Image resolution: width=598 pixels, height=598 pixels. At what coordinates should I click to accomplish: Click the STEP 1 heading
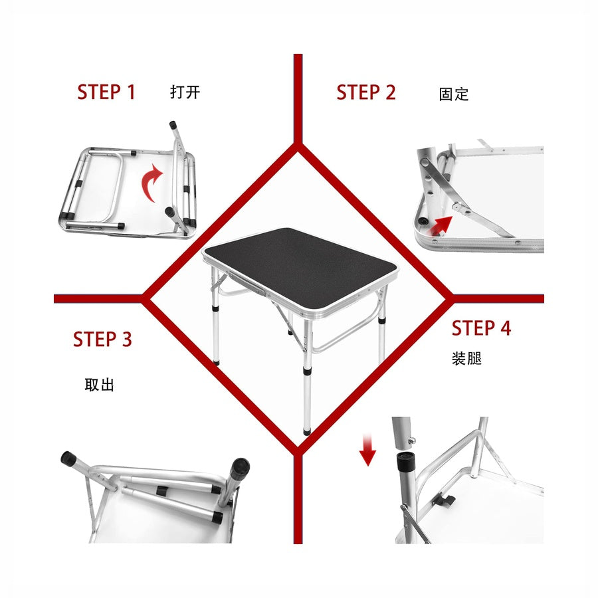click(106, 92)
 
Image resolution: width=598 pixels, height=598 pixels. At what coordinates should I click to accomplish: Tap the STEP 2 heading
click(366, 92)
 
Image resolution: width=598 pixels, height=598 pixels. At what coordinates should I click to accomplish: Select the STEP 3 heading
click(102, 339)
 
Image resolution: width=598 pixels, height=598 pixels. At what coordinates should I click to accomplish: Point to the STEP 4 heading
click(481, 328)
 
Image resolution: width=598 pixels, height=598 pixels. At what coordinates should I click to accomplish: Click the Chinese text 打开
click(185, 92)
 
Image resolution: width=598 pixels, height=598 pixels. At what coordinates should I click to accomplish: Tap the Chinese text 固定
click(454, 94)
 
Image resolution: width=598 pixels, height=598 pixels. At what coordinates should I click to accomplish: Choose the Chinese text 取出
click(99, 385)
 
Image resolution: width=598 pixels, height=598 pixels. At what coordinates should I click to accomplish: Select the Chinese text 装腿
click(467, 359)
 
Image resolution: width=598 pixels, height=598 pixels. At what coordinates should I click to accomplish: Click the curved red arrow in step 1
click(151, 183)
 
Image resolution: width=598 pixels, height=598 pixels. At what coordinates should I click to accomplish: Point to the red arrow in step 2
click(443, 225)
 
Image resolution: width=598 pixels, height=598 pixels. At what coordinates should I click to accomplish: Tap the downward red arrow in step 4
click(367, 450)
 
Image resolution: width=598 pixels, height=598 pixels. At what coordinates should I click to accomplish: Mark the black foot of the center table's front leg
click(307, 432)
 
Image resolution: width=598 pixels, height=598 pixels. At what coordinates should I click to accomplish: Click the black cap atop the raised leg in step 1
click(173, 124)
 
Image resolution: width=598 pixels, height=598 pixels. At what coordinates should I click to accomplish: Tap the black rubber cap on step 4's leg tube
click(406, 462)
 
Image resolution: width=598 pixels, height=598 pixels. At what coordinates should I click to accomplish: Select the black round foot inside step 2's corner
click(423, 221)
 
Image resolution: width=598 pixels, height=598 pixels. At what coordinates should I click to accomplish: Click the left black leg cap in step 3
click(68, 458)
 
